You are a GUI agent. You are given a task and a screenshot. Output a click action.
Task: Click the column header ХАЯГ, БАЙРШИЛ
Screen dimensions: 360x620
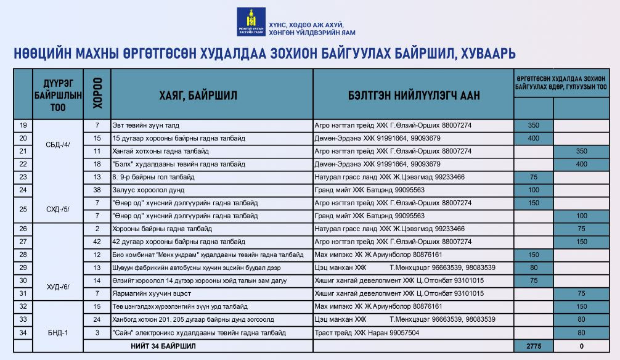point(198,95)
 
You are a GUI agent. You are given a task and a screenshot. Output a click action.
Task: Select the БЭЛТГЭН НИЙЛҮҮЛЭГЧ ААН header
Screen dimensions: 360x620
point(414,95)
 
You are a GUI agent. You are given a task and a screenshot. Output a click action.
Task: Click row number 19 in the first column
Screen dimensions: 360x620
point(23,125)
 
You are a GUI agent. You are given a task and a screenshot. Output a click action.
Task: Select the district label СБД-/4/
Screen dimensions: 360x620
point(58,144)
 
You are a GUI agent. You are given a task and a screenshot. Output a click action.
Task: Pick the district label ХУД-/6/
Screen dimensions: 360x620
point(58,287)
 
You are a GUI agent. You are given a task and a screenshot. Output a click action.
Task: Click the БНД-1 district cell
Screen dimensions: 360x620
point(58,332)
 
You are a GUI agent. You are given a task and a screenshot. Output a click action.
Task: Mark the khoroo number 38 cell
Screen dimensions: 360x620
point(97,190)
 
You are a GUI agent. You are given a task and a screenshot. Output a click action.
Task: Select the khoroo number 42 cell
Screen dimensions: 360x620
point(97,242)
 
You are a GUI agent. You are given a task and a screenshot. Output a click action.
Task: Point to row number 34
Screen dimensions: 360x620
point(23,333)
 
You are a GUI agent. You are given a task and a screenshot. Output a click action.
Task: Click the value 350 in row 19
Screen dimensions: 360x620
point(533,125)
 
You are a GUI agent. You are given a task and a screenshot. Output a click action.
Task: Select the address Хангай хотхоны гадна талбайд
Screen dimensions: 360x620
point(160,151)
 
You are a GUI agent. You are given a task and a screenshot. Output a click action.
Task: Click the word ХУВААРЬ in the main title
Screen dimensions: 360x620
point(487,54)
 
